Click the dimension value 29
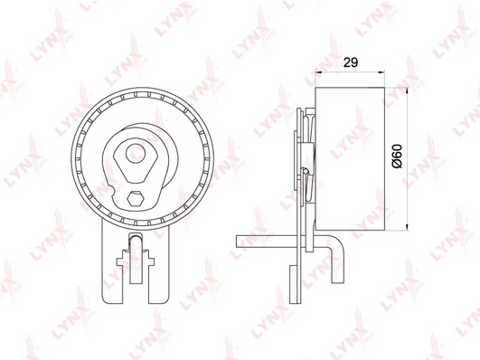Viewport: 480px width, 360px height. (x=350, y=62)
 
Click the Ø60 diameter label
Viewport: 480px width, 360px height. (x=397, y=156)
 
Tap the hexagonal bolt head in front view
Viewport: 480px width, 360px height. (x=136, y=199)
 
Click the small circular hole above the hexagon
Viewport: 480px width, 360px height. (x=136, y=153)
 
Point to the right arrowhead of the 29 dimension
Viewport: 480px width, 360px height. (x=381, y=72)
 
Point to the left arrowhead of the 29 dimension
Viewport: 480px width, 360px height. (x=318, y=72)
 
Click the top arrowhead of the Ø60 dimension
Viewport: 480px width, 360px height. (x=407, y=91)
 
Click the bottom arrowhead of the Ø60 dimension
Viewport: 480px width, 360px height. (x=407, y=227)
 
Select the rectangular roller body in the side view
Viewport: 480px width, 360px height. (x=350, y=159)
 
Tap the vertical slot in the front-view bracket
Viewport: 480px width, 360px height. (x=136, y=258)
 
